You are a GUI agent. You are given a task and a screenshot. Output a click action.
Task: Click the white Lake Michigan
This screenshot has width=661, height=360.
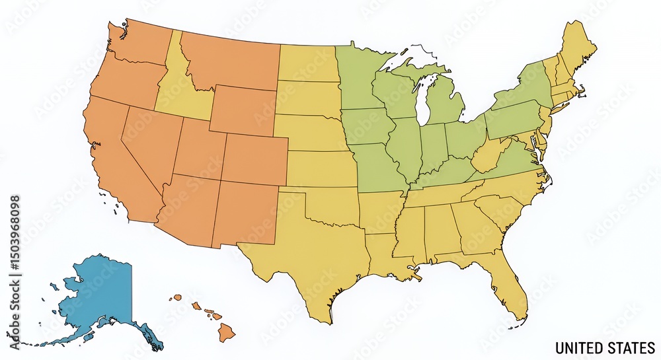click(x=426, y=99)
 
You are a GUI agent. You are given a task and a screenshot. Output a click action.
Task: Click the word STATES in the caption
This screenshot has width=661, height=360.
click(x=631, y=347)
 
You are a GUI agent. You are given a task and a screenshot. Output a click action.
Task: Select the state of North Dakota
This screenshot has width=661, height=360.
click(x=307, y=63)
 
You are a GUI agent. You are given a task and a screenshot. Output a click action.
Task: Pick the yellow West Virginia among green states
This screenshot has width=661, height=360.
click(x=488, y=154)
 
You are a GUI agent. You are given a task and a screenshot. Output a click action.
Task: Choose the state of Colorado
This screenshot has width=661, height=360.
click(x=254, y=159)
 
